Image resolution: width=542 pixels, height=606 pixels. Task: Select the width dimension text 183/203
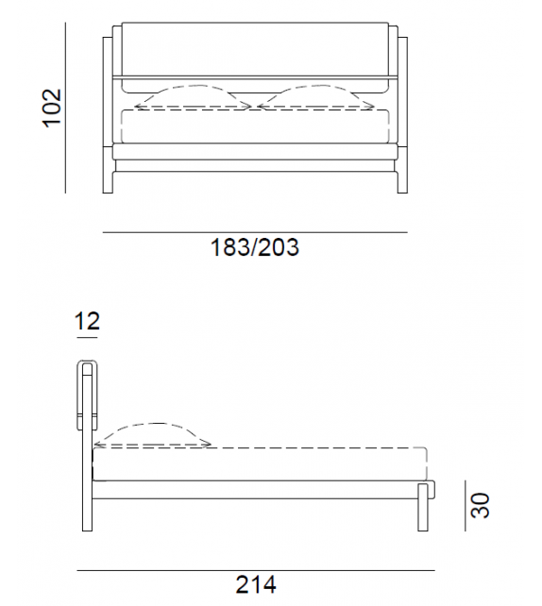tap(254, 248)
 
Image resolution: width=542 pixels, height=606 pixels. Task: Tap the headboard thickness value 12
tap(87, 322)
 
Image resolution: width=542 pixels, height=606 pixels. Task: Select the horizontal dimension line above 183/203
tap(254, 231)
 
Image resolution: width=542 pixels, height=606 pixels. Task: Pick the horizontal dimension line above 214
tap(255, 570)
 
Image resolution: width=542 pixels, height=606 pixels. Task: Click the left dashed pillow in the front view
tap(195, 98)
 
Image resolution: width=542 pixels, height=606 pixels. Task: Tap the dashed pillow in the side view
tap(153, 433)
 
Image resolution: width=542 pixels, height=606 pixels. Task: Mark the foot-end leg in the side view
tap(423, 514)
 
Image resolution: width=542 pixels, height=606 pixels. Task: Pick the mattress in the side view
tap(260, 464)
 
